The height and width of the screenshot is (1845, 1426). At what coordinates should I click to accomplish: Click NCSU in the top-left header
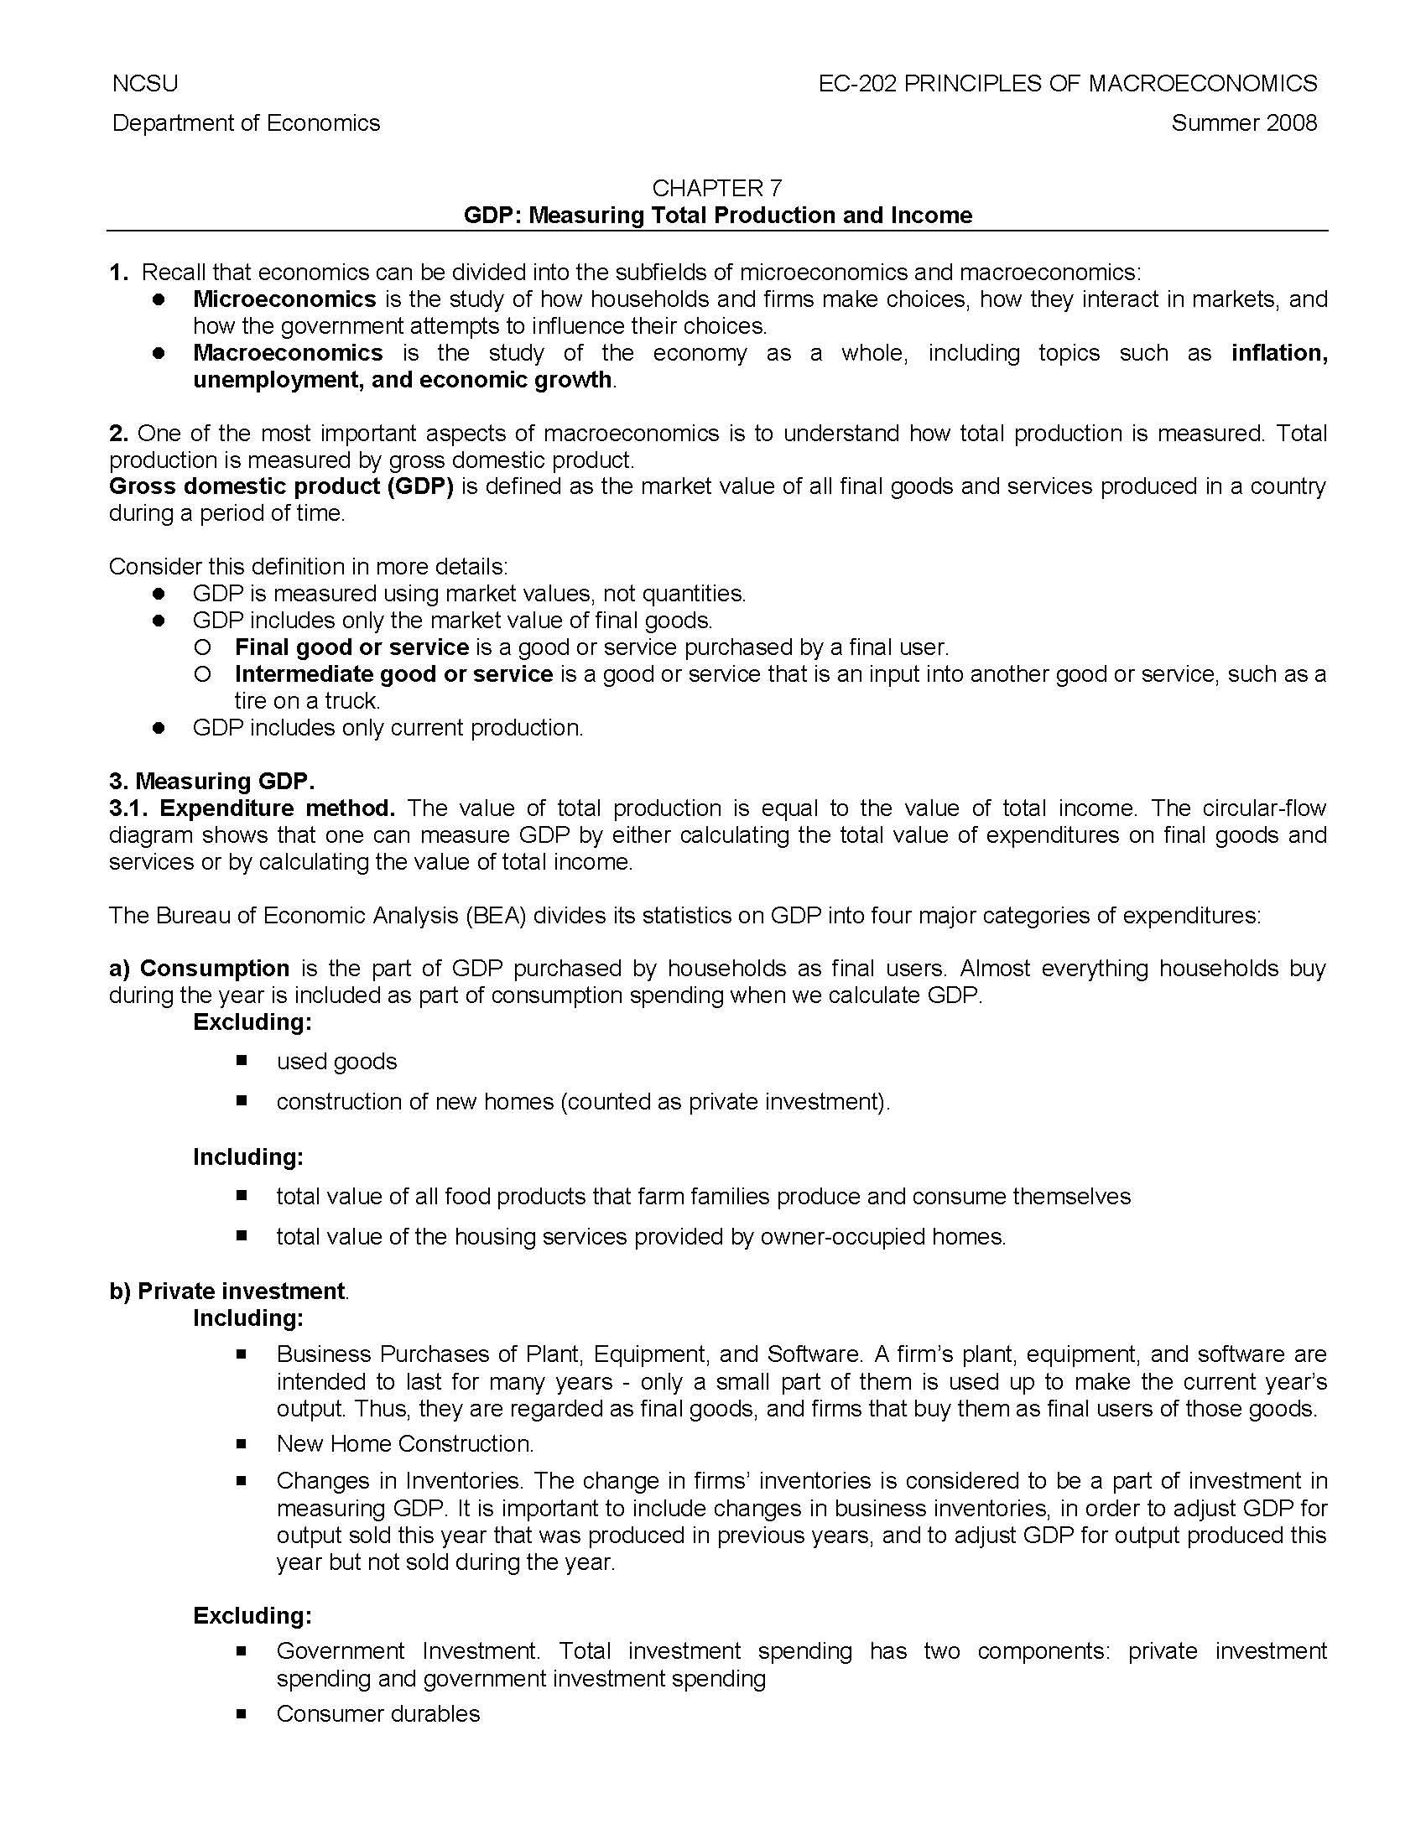[x=144, y=84]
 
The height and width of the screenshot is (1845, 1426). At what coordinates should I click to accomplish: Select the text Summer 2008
[x=1243, y=123]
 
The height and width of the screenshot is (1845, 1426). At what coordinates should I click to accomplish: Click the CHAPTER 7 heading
[x=717, y=188]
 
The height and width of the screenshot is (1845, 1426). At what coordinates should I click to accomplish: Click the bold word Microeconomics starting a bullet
[x=284, y=299]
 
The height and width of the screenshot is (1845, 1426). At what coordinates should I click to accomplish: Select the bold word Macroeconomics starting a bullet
[x=287, y=353]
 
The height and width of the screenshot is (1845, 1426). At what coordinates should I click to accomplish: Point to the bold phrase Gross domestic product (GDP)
[x=281, y=486]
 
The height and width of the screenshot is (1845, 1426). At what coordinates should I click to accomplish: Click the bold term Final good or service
[x=351, y=648]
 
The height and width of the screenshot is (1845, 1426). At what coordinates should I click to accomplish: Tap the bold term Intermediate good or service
[x=393, y=674]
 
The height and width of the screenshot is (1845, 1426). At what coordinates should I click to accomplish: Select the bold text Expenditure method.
[x=277, y=808]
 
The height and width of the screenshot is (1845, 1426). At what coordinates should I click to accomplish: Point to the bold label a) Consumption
[x=200, y=968]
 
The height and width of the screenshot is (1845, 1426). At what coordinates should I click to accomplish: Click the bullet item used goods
[x=336, y=1062]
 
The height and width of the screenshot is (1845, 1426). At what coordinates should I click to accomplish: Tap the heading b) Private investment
[x=228, y=1291]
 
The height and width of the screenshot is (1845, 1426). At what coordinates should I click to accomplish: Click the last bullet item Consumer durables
[x=377, y=1714]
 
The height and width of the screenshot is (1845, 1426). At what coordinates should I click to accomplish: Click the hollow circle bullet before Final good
[x=201, y=648]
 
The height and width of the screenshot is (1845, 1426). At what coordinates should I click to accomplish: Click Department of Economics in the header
[x=246, y=123]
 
